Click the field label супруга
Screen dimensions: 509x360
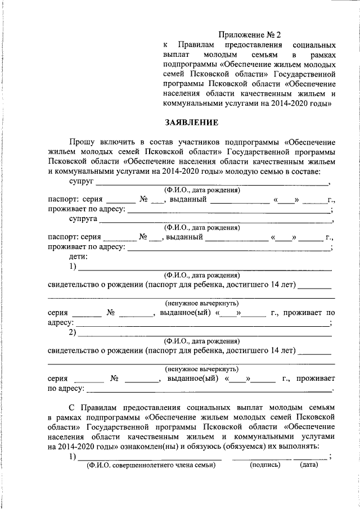coord(84,219)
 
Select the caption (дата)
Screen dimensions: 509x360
coord(309,465)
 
